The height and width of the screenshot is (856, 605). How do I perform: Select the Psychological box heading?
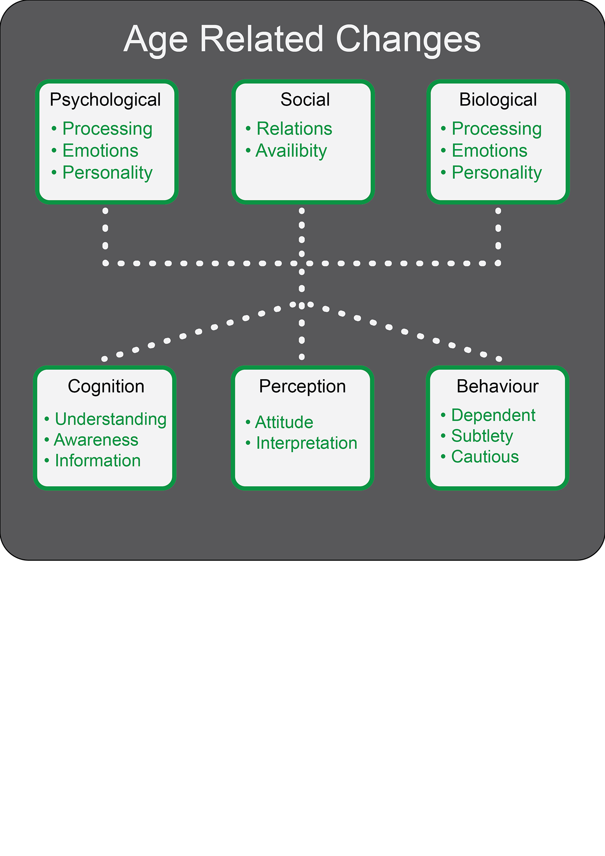105,100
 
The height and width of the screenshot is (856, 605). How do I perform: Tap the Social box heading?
305,100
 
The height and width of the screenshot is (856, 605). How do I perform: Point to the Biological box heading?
498,100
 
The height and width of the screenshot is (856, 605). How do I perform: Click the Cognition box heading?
106,386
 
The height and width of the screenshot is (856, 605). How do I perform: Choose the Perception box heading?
302,386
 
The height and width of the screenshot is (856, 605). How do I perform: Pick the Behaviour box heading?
497,386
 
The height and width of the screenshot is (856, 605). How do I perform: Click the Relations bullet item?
294,129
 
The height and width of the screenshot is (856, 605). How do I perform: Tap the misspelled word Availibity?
291,151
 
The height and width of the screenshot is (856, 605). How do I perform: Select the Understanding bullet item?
111,419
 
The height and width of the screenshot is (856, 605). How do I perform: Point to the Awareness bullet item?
96,440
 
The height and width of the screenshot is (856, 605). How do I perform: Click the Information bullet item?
98,461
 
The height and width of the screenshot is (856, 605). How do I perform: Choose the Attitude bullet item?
284,422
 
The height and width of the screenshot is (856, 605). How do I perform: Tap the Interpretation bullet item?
307,443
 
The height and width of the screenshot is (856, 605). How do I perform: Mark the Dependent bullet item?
494,415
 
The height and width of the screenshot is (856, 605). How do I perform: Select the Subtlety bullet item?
482,436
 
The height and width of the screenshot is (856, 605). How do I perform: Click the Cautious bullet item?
485,457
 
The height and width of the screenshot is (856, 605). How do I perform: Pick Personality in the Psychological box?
108,173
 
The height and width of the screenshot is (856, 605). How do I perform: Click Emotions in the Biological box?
490,151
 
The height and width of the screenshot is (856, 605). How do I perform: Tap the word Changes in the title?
408,40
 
